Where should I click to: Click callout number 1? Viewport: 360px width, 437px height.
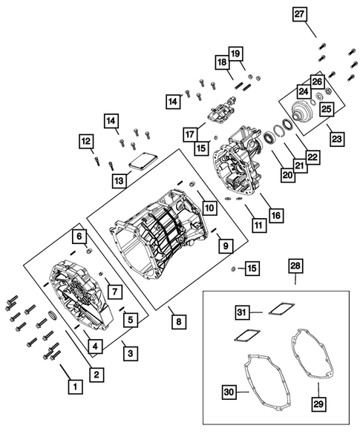[x=74, y=386]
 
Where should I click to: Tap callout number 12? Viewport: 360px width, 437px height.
[x=86, y=140]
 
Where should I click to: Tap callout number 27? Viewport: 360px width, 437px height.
[x=298, y=14]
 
